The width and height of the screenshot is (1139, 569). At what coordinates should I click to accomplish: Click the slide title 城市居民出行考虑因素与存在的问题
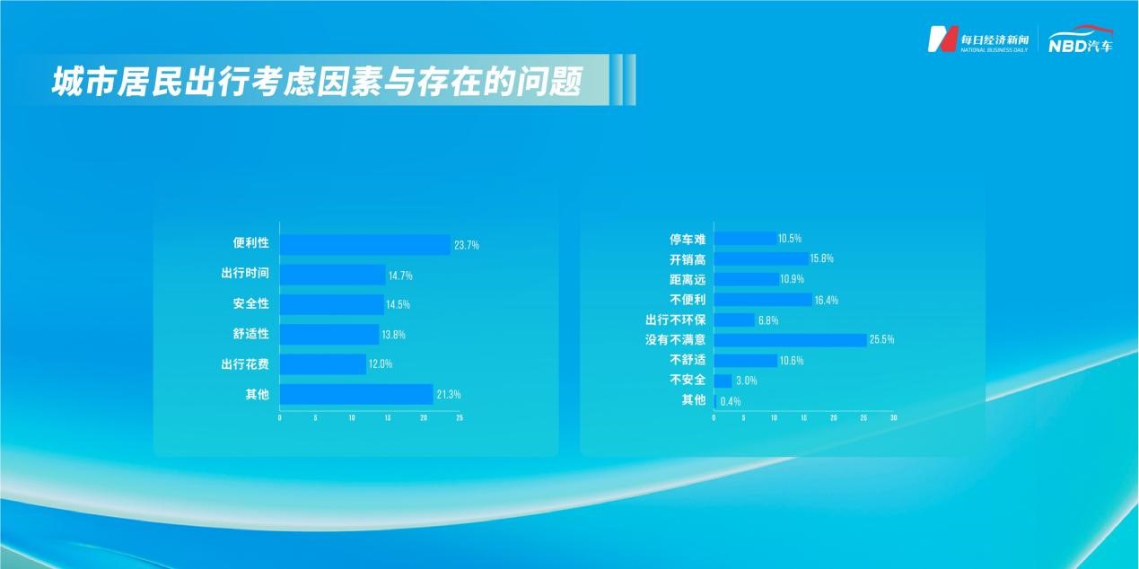[317, 82]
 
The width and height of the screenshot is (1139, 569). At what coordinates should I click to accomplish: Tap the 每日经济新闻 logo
[977, 39]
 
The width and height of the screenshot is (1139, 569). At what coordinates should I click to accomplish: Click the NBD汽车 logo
[1081, 39]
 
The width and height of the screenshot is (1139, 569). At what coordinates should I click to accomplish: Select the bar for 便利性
[365, 245]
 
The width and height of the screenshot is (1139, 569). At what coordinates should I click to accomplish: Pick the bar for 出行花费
[323, 364]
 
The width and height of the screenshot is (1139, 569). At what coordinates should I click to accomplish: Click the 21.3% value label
[449, 395]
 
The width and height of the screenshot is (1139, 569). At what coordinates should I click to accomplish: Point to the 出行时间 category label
[245, 274]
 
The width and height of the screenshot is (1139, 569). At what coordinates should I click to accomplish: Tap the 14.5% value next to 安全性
[399, 304]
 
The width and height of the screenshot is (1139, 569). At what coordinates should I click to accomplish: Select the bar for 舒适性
[329, 335]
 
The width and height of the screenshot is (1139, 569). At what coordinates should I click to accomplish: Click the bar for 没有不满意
[790, 340]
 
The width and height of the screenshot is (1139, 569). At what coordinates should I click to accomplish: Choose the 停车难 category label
[688, 240]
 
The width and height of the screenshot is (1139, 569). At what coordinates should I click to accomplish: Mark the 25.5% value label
[881, 339]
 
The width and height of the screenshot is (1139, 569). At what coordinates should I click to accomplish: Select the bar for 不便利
[763, 300]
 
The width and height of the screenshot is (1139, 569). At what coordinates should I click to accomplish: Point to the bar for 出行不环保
[735, 320]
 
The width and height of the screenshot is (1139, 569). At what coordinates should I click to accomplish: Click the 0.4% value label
[731, 402]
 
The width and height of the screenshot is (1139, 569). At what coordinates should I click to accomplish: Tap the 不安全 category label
[688, 380]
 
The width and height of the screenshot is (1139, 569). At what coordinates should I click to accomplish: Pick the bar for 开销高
[761, 259]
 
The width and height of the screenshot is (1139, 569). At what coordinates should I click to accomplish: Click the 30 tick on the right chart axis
[894, 418]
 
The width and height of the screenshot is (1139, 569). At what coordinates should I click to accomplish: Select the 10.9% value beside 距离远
[793, 279]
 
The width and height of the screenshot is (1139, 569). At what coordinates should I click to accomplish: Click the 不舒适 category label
[688, 360]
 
